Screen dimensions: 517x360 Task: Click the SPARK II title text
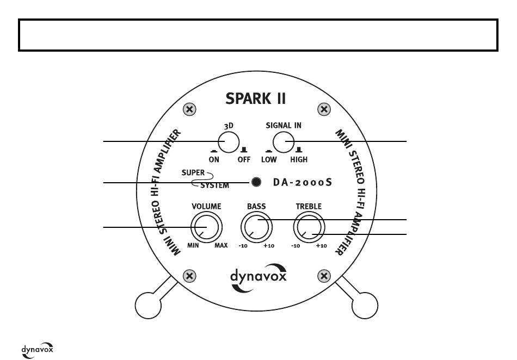click(256, 98)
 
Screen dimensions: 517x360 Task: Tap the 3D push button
click(229, 142)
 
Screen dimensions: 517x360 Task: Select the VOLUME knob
click(206, 227)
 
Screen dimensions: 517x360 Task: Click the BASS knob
click(256, 227)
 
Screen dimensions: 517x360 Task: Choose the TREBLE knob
click(309, 227)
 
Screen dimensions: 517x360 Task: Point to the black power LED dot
click(256, 182)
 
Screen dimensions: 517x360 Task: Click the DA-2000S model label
click(303, 182)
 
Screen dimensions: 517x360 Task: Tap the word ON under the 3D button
click(214, 160)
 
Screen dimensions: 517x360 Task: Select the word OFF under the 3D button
click(244, 160)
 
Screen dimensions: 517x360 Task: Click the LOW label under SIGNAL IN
click(269, 160)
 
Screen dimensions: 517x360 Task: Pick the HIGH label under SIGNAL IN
click(299, 160)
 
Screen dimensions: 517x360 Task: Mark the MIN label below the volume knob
click(193, 245)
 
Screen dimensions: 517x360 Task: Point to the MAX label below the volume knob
click(221, 245)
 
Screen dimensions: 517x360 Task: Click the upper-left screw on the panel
click(189, 109)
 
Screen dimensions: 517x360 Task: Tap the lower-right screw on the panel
click(324, 276)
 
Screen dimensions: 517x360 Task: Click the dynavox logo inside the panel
click(258, 277)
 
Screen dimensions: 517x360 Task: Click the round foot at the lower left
click(148, 305)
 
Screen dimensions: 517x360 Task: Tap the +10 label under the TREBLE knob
click(322, 246)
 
